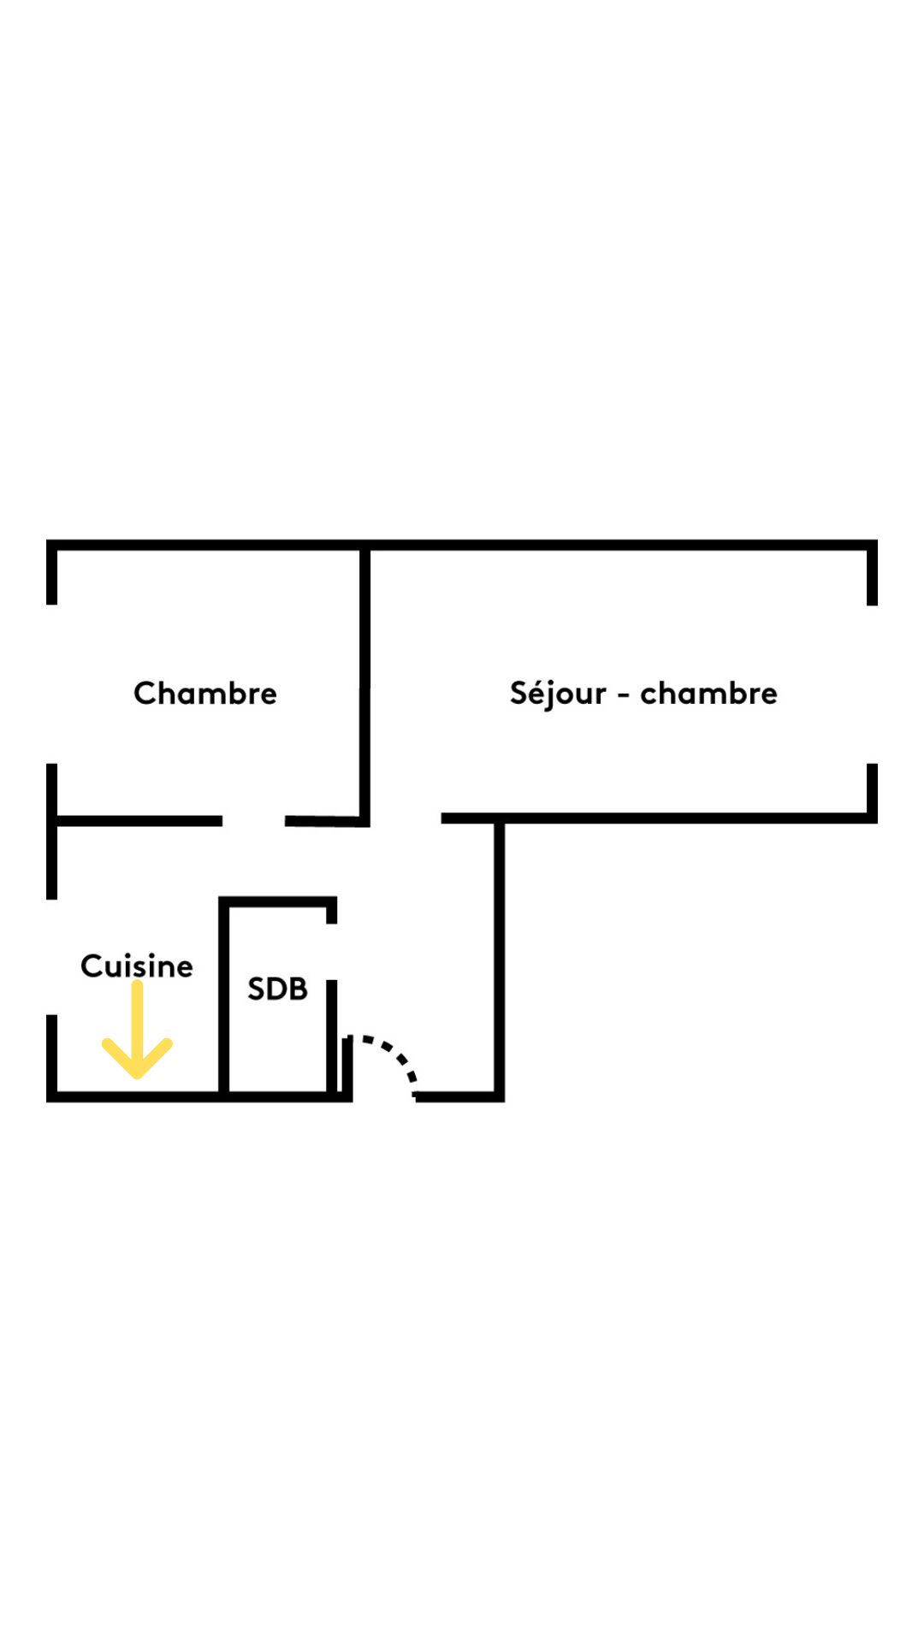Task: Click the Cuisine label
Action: (137, 966)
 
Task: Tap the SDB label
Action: (277, 989)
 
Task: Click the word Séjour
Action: (558, 694)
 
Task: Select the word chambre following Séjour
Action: (708, 694)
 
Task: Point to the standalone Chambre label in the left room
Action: (205, 694)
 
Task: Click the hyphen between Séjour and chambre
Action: (624, 695)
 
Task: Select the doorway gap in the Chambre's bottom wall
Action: (253, 821)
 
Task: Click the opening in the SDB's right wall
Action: (332, 952)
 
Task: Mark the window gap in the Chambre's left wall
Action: (52, 684)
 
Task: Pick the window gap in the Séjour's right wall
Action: (872, 684)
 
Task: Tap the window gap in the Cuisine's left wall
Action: (52, 957)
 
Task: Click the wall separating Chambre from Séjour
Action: (364, 684)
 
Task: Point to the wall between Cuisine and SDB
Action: (224, 996)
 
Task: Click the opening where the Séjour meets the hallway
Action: (406, 819)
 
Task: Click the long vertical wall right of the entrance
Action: (500, 958)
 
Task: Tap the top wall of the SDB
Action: (277, 901)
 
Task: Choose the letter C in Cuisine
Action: (91, 966)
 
